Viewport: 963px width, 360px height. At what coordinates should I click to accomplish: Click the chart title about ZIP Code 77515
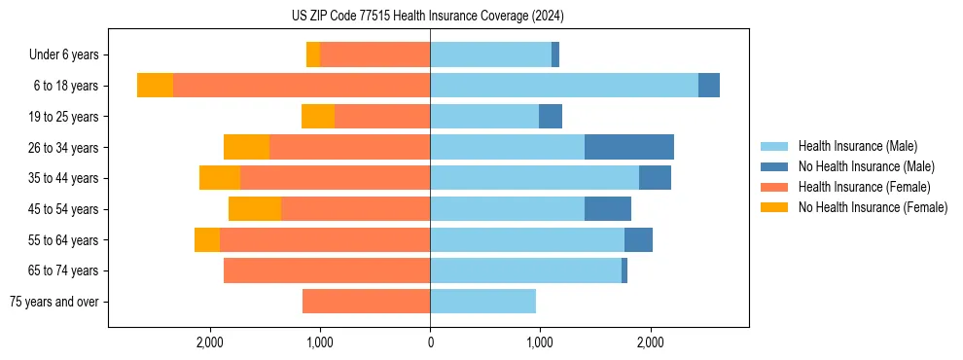(428, 17)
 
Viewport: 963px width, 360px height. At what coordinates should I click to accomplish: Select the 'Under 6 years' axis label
(63, 55)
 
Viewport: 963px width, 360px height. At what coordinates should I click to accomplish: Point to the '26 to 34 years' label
(62, 148)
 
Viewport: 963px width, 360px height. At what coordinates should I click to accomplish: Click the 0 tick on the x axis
(430, 342)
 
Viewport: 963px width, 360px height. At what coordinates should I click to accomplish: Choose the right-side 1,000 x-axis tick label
(540, 342)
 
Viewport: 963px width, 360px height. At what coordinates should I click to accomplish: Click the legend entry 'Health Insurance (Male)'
(857, 146)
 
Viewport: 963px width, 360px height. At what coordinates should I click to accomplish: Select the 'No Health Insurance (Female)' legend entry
(873, 207)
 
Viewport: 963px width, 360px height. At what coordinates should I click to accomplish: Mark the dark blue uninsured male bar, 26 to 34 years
(629, 148)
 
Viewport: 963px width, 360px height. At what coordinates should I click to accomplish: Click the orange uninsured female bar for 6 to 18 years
(155, 86)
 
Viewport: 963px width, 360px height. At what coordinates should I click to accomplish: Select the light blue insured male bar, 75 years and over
(482, 302)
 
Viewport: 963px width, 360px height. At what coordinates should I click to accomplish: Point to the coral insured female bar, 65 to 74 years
(327, 270)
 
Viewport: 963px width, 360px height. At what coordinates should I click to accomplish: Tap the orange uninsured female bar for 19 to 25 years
(318, 117)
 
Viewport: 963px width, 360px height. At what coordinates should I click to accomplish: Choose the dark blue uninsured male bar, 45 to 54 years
(608, 209)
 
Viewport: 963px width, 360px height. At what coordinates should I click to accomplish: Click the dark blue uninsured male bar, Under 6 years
(555, 55)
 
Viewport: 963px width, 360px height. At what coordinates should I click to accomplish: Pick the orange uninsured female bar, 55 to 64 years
(207, 240)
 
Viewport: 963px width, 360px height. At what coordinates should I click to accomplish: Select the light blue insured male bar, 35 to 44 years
(534, 178)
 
